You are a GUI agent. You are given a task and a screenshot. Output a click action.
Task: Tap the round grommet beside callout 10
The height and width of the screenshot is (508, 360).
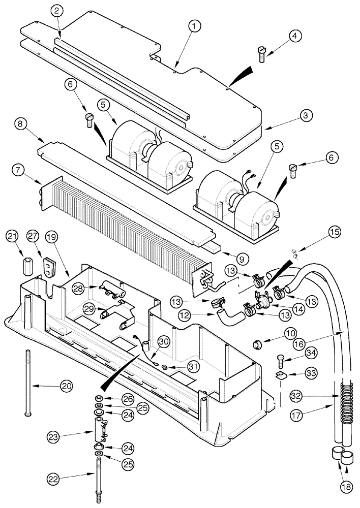(x=258, y=346)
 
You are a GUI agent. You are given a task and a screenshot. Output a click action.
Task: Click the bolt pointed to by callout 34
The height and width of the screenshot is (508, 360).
(x=278, y=362)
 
